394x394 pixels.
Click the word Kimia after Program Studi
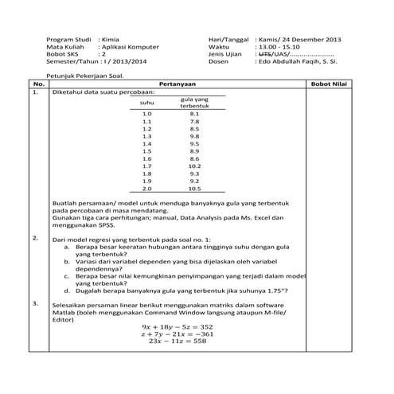click(x=110, y=39)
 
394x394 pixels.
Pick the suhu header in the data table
click(x=146, y=103)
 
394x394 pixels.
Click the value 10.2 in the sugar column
click(x=194, y=166)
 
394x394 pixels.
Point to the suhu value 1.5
click(x=146, y=150)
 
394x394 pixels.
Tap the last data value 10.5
click(x=194, y=189)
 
